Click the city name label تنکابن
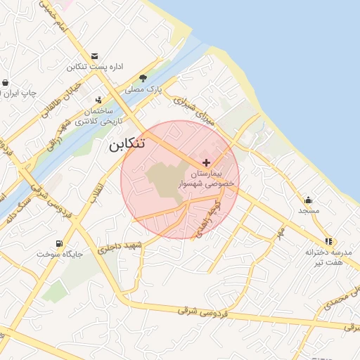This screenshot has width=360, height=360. [127, 145]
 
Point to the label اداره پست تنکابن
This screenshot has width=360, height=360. [95, 67]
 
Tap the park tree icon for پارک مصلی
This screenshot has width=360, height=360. [144, 78]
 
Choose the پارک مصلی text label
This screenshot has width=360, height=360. [144, 90]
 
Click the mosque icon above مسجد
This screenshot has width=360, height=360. [309, 200]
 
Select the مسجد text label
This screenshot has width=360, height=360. [309, 211]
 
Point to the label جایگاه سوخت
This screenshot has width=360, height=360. [59, 254]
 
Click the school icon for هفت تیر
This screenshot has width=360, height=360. [328, 241]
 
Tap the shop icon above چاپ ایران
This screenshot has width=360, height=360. [6, 83]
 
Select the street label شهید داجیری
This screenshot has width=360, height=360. [120, 247]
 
